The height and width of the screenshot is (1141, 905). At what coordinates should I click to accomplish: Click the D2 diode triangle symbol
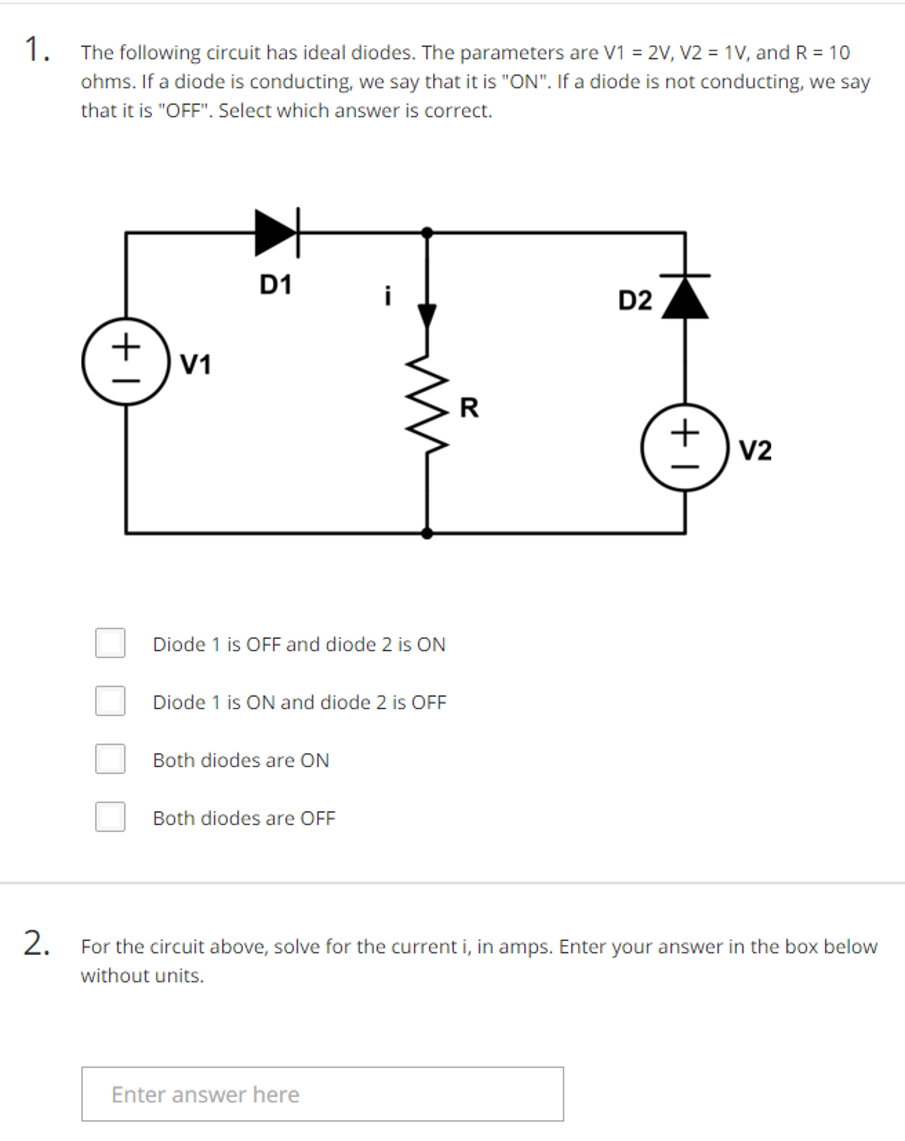[x=685, y=298]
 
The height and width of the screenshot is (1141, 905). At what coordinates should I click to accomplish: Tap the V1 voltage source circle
[x=126, y=361]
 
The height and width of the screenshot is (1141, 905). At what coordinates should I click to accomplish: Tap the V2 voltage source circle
[x=685, y=447]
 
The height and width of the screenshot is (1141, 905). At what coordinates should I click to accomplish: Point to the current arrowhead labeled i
[x=427, y=316]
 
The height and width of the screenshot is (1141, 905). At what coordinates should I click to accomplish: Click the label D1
[x=275, y=285]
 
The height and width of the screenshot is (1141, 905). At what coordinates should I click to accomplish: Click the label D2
[x=635, y=301]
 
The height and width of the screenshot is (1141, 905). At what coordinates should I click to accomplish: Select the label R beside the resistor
[x=469, y=408]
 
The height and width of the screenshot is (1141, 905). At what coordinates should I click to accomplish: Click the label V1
[x=196, y=365]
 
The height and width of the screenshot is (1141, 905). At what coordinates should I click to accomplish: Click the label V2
[x=755, y=451]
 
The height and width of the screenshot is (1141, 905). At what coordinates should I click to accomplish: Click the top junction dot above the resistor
[x=427, y=233]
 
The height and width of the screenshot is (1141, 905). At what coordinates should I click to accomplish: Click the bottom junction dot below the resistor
[x=427, y=534]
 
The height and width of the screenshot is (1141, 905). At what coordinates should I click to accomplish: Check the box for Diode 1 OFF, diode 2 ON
[x=110, y=643]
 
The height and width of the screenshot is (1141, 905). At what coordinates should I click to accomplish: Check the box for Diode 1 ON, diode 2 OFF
[x=110, y=701]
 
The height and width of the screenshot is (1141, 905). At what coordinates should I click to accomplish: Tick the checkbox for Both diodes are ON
[x=110, y=759]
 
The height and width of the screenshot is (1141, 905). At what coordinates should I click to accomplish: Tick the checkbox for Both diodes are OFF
[x=110, y=817]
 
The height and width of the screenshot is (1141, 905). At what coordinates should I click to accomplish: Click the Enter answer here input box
[x=322, y=1094]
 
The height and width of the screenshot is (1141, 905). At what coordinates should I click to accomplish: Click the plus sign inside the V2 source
[x=685, y=433]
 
